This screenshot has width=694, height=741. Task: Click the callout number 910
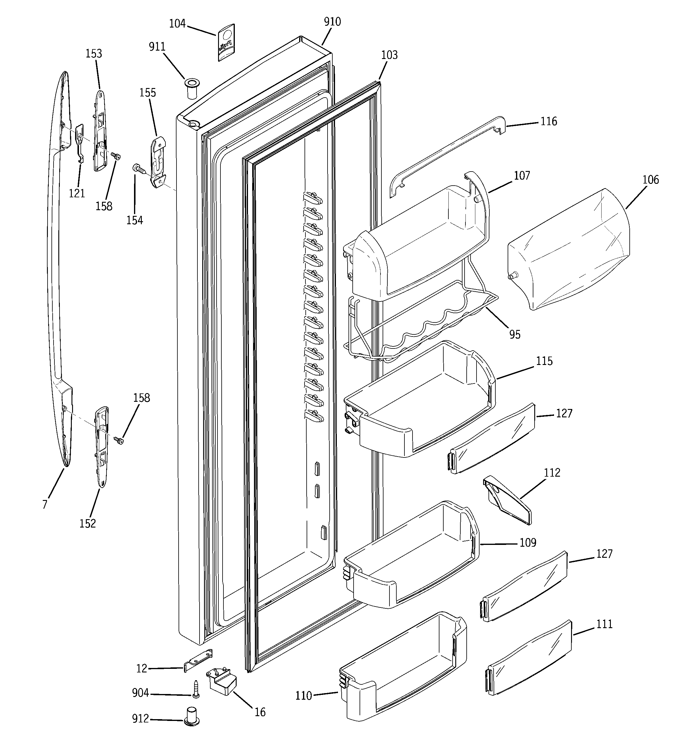point(332,22)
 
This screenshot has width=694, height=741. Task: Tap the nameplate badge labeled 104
point(226,42)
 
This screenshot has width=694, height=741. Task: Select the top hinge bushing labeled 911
point(192,88)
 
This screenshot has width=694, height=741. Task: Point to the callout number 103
point(389,55)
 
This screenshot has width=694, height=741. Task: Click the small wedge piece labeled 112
point(508,499)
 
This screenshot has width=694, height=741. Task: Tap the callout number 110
point(303,696)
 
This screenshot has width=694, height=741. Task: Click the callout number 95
point(515,334)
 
